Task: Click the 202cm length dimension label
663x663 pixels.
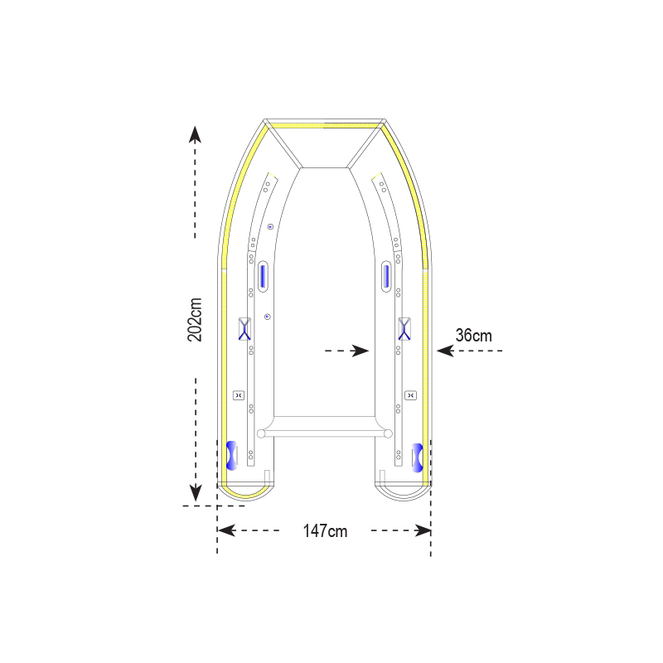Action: coord(195,320)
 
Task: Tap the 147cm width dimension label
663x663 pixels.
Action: coord(325,531)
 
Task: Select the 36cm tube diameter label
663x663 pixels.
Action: coord(473,336)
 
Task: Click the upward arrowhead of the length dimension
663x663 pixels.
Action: coord(195,134)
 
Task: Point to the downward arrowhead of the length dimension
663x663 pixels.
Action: coord(196,493)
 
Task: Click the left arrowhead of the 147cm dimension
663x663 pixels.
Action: coord(226,530)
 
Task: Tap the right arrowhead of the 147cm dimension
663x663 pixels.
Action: coord(423,530)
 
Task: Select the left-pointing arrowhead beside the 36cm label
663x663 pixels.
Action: coord(445,351)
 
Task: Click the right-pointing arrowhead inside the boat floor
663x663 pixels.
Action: coord(361,351)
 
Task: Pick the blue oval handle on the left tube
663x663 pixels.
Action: coord(263,276)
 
